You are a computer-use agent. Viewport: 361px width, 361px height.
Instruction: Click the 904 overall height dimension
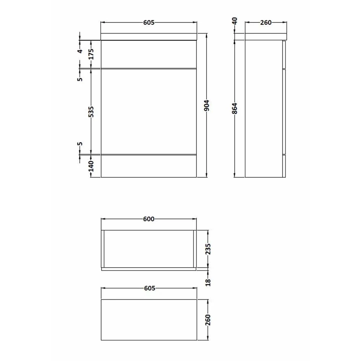(x=206, y=105)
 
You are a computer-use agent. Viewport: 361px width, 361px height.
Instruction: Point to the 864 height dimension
(x=235, y=109)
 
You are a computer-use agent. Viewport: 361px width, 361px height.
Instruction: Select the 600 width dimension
(x=149, y=219)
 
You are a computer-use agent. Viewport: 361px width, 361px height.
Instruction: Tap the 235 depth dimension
(x=208, y=249)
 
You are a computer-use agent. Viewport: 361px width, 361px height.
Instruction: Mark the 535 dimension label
(x=91, y=111)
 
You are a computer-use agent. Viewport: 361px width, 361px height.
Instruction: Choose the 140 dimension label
(x=91, y=166)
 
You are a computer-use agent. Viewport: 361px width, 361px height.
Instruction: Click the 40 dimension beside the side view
(x=235, y=21)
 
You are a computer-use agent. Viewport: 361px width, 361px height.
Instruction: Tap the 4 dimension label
(x=80, y=51)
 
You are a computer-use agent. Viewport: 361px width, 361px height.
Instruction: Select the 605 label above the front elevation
(x=149, y=22)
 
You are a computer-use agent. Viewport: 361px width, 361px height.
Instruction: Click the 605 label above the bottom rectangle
(x=149, y=288)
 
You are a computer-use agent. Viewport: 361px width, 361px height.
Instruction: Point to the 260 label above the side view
(x=266, y=22)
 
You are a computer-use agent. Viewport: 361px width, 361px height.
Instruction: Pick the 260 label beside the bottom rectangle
(x=208, y=319)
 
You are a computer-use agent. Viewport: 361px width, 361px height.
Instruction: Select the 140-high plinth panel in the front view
(x=149, y=166)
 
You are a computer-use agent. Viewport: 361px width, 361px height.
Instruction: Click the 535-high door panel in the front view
(x=149, y=111)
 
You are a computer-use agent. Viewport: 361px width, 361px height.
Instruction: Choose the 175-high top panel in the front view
(x=149, y=54)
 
